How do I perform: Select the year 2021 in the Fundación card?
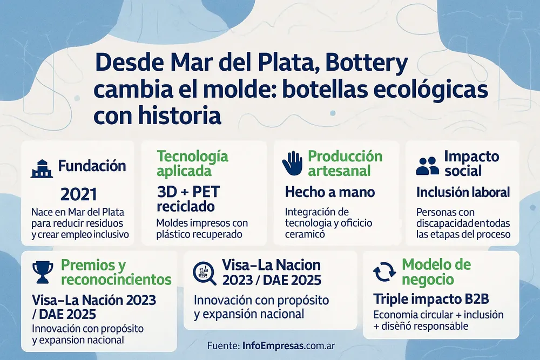[79, 194]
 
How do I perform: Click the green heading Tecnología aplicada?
[192, 164]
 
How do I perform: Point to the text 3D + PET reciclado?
[188, 199]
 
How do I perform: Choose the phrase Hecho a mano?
[329, 192]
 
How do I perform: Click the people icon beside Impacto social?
[428, 166]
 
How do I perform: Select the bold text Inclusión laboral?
[463, 192]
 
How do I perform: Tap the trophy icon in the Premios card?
[42, 272]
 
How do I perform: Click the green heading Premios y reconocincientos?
[116, 273]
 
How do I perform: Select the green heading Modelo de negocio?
[436, 272]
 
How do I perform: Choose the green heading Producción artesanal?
[345, 164]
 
